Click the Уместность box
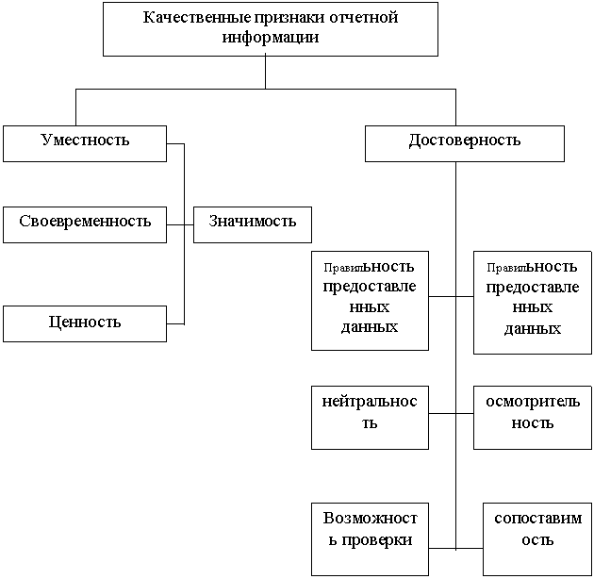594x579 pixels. pyautogui.click(x=85, y=141)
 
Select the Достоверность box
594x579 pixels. pyautogui.click(x=464, y=141)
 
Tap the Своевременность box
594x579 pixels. pyautogui.click(x=85, y=223)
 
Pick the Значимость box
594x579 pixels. pyautogui.click(x=252, y=223)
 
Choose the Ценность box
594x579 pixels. pyautogui.click(x=85, y=323)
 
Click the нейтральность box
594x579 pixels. pyautogui.click(x=370, y=413)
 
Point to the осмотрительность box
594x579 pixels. pyautogui.click(x=533, y=413)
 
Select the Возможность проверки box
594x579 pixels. pyautogui.click(x=370, y=530)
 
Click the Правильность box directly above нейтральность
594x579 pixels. pyautogui.click(x=370, y=296)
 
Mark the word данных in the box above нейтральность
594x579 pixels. pyautogui.click(x=370, y=327)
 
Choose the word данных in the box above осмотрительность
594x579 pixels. pyautogui.click(x=533, y=329)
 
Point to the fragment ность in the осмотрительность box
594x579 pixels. pyautogui.click(x=533, y=423)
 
